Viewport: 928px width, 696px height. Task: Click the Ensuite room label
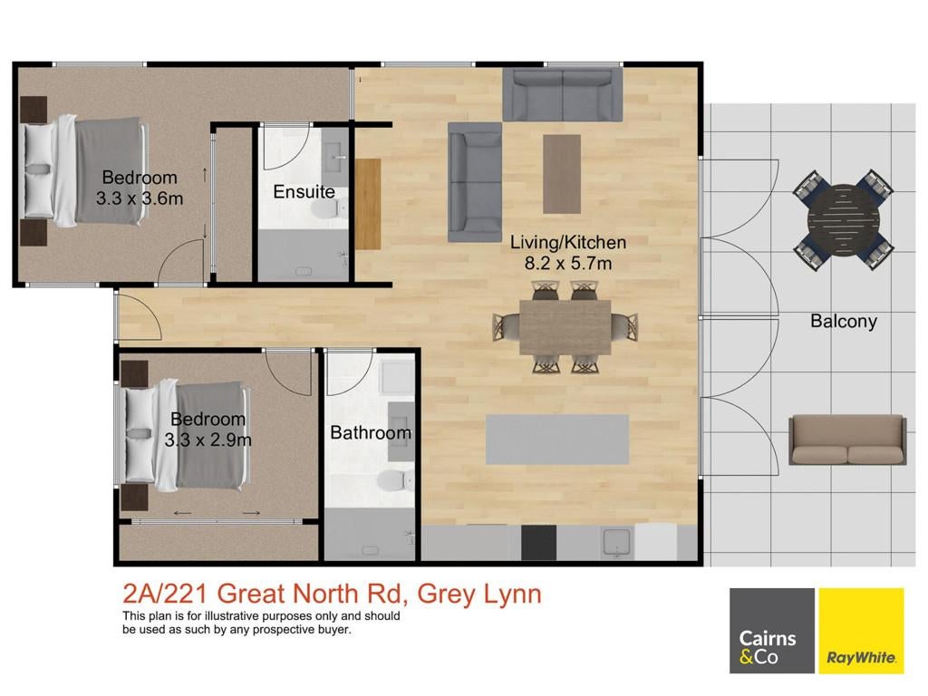pyautogui.click(x=304, y=192)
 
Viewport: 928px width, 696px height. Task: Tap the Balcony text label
pyautogui.click(x=844, y=321)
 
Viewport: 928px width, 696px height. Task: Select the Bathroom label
pyautogui.click(x=371, y=432)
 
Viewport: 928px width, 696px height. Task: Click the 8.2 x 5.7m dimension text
pyautogui.click(x=568, y=263)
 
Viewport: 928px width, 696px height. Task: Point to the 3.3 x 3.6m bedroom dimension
pyautogui.click(x=140, y=198)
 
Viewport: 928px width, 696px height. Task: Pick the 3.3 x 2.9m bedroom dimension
pyautogui.click(x=208, y=440)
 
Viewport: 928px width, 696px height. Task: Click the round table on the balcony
pyautogui.click(x=844, y=221)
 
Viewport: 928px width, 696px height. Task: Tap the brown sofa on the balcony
pyautogui.click(x=847, y=440)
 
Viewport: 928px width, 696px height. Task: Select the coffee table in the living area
pyautogui.click(x=562, y=174)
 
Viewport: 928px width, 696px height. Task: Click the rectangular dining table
pyautogui.click(x=565, y=327)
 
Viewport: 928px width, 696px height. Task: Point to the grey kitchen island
pyautogui.click(x=557, y=440)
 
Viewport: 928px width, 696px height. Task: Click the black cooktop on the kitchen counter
pyautogui.click(x=538, y=542)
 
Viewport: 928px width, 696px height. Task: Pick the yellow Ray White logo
pyautogui.click(x=861, y=631)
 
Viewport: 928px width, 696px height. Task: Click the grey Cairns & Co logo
pyautogui.click(x=772, y=631)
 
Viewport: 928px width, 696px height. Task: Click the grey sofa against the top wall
pyautogui.click(x=562, y=94)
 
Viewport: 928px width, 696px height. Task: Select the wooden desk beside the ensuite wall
pyautogui.click(x=368, y=204)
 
